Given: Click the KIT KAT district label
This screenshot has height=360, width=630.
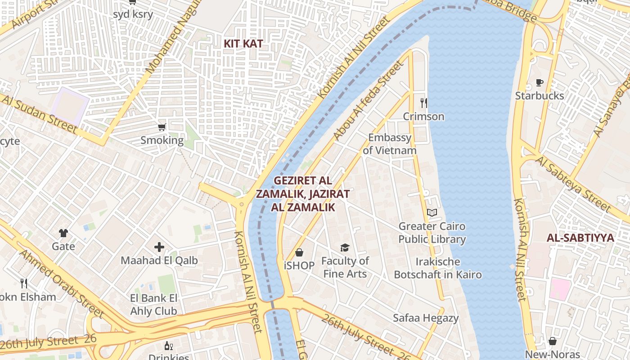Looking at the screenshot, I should pos(243,44).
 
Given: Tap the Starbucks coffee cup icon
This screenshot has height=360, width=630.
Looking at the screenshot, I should pos(539,82).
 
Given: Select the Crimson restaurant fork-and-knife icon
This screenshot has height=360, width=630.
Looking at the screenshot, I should pos(423,103).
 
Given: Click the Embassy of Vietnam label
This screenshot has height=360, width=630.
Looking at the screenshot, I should pos(390,144).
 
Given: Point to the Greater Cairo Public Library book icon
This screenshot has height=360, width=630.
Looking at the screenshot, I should pos(432,212).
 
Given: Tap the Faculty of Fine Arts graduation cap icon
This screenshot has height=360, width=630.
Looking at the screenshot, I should pos(345,247).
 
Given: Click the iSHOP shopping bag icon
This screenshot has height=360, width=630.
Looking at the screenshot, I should pos(299,252).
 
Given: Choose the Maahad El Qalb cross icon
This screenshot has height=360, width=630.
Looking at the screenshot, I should pos(159,247).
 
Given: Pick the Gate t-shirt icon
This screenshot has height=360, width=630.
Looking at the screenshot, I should pos(63,233).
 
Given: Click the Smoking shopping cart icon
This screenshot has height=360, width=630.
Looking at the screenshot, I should pos(162,127).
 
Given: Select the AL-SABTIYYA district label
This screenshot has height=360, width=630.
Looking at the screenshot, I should pos(580,238).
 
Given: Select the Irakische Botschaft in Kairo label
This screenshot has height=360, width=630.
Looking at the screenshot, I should pos(438,268).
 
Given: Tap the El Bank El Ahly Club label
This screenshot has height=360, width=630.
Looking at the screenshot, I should pos(153,305).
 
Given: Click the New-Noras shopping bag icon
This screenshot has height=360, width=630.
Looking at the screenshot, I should pos(552,341).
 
